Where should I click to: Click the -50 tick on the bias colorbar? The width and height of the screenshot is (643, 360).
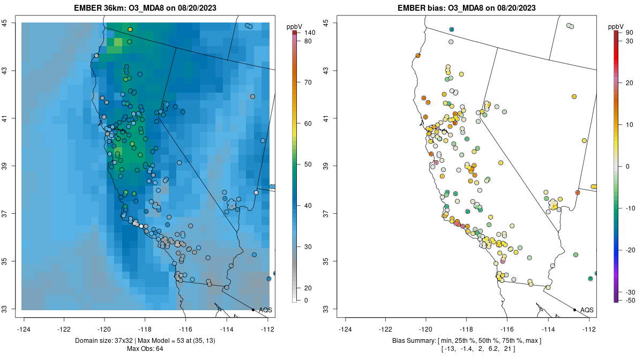pyautogui.click(x=624, y=301)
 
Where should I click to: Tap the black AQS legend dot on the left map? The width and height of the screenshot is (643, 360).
pyautogui.click(x=253, y=310)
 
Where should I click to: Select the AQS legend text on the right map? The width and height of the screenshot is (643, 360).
pyautogui.click(x=587, y=310)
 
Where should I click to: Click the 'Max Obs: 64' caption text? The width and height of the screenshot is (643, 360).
pyautogui.click(x=145, y=349)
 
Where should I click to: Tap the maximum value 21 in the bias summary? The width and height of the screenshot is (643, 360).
pyautogui.click(x=507, y=349)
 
